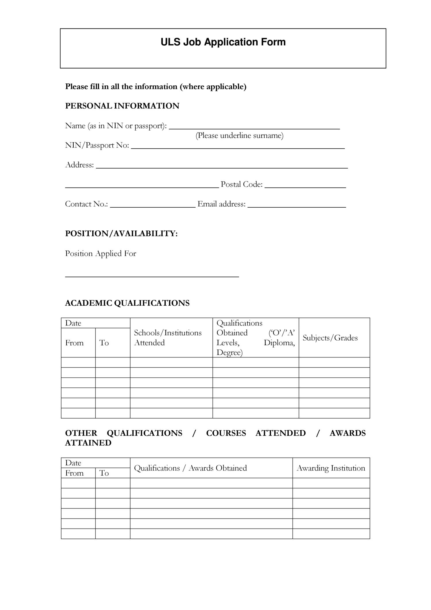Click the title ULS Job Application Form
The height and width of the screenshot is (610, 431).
point(223,42)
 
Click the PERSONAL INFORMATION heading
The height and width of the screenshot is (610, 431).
point(122,106)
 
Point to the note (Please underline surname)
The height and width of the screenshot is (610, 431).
point(239,135)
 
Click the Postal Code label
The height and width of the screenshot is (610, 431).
point(242,184)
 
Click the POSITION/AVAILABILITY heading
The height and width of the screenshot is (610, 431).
point(121,234)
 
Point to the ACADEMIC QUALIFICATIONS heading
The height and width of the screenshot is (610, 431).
point(127,303)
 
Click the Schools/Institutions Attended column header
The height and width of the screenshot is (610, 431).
point(168,338)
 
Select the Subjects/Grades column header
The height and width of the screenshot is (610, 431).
point(330,338)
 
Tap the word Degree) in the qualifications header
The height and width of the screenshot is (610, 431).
point(229,353)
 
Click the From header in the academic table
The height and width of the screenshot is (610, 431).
point(74,343)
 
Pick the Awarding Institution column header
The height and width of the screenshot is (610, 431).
point(331,468)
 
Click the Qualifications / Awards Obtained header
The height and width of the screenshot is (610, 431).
point(190,468)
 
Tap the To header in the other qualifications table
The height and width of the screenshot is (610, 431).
point(104,473)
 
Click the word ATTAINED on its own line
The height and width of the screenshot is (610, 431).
point(88,443)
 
